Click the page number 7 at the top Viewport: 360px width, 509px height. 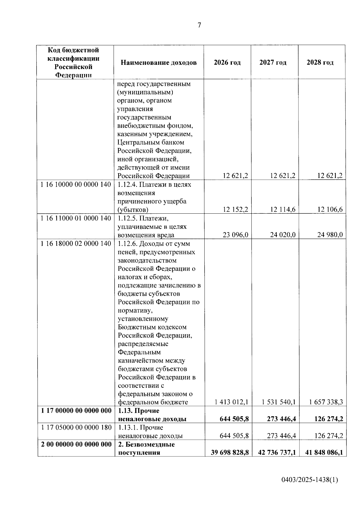click(x=199, y=26)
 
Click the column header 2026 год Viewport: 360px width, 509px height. click(x=227, y=62)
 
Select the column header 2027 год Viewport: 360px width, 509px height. click(x=273, y=62)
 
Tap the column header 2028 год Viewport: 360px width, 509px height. click(x=320, y=62)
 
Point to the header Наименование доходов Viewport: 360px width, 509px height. click(x=158, y=62)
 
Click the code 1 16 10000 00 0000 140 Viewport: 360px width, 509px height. click(x=76, y=185)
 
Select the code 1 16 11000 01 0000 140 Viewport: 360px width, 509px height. click(x=76, y=218)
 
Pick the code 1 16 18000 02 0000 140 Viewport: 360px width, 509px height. click(x=76, y=243)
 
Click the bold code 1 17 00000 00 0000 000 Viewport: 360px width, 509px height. click(x=76, y=411)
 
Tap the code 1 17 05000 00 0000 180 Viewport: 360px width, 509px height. click(x=76, y=427)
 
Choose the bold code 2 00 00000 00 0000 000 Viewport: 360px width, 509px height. click(x=76, y=444)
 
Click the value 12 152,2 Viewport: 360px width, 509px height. click(x=235, y=209)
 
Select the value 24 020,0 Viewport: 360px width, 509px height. click(x=283, y=235)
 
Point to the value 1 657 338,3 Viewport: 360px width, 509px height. click(x=326, y=402)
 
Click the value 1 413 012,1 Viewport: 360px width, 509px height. click(x=231, y=402)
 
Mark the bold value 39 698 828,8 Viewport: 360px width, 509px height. click(x=230, y=453)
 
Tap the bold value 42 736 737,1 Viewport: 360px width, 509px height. click(x=277, y=453)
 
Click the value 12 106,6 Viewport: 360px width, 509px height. click(x=330, y=209)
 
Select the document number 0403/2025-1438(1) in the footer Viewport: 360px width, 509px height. click(x=310, y=480)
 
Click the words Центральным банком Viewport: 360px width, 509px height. click(x=151, y=143)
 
